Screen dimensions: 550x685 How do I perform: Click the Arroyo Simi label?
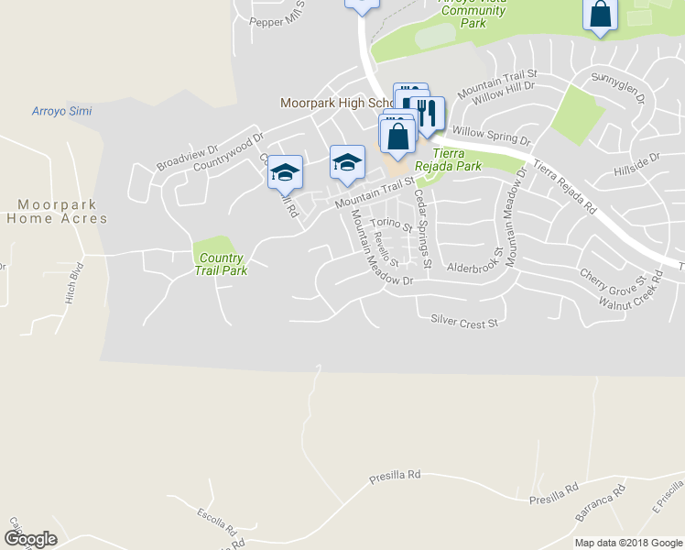point(61,111)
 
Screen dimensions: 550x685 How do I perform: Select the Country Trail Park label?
point(221,264)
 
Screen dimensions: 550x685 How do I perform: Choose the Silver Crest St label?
point(463,323)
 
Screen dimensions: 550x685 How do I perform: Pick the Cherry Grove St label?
point(613,276)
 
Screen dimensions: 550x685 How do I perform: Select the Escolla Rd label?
point(216,522)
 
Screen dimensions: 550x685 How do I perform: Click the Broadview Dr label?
point(187,156)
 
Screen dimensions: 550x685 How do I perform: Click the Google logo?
point(30,539)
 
